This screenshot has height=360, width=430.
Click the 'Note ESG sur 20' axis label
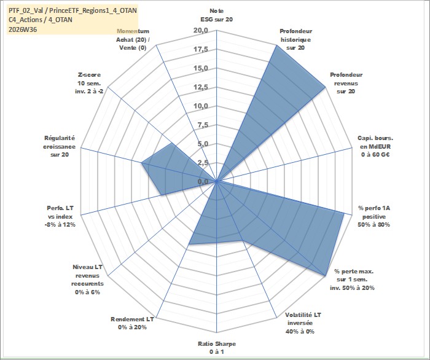click(x=217, y=15)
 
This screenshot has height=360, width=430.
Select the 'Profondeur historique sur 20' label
click(x=295, y=39)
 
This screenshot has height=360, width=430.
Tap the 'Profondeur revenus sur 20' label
click(x=346, y=83)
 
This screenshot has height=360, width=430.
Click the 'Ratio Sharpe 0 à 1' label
click(x=217, y=348)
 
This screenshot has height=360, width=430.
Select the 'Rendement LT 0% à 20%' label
click(x=132, y=323)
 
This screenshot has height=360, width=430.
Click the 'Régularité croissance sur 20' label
click(x=59, y=146)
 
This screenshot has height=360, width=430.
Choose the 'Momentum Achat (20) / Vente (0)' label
click(x=133, y=39)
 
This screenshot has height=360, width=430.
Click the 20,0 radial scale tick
click(x=201, y=31)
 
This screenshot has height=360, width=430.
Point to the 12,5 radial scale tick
click(x=201, y=87)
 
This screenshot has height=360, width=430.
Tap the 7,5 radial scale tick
click(x=203, y=125)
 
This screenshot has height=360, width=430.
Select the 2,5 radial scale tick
click(x=203, y=163)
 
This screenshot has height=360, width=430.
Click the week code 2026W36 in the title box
click(x=23, y=29)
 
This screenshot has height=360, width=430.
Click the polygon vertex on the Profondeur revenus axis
click(x=325, y=87)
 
